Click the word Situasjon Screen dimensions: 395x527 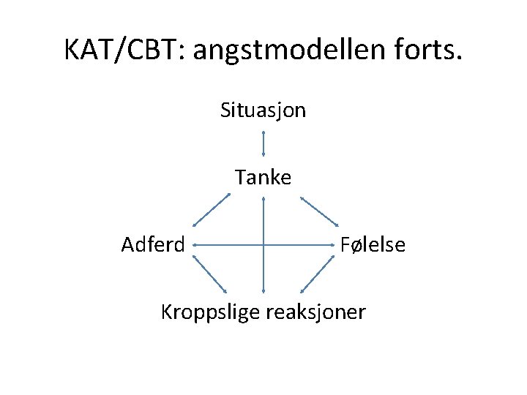tap(263, 110)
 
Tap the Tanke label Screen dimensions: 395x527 tap(263, 177)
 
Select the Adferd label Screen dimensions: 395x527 tap(153, 244)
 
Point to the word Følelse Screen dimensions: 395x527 tap(373, 244)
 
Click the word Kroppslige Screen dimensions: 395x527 tap(210, 312)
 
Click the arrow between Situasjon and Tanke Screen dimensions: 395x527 tap(263, 144)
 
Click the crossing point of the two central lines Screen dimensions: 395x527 tap(263, 244)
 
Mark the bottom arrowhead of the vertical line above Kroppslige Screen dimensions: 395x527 tap(263, 292)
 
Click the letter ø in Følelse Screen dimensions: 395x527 tap(354, 245)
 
